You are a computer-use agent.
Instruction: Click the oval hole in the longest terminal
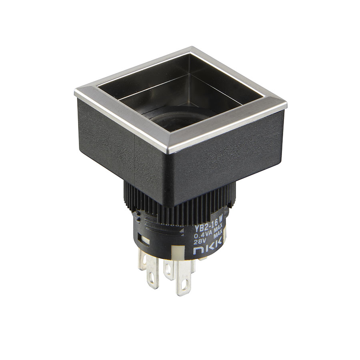(x=183, y=286)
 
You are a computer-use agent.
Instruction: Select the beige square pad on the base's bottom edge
(x=178, y=252)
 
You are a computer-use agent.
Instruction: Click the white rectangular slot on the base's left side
(x=145, y=241)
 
